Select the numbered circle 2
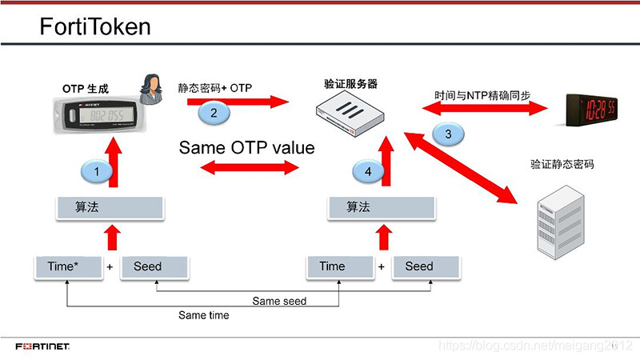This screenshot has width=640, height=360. point(214,113)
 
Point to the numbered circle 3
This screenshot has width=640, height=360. point(448,134)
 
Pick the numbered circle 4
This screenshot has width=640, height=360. point(368,170)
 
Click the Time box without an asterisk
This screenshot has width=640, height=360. point(333,267)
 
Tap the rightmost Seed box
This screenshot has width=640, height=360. point(418,267)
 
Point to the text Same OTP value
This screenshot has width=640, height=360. point(247,148)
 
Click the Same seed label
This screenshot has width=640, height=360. point(279,302)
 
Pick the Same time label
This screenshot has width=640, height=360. point(203,315)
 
